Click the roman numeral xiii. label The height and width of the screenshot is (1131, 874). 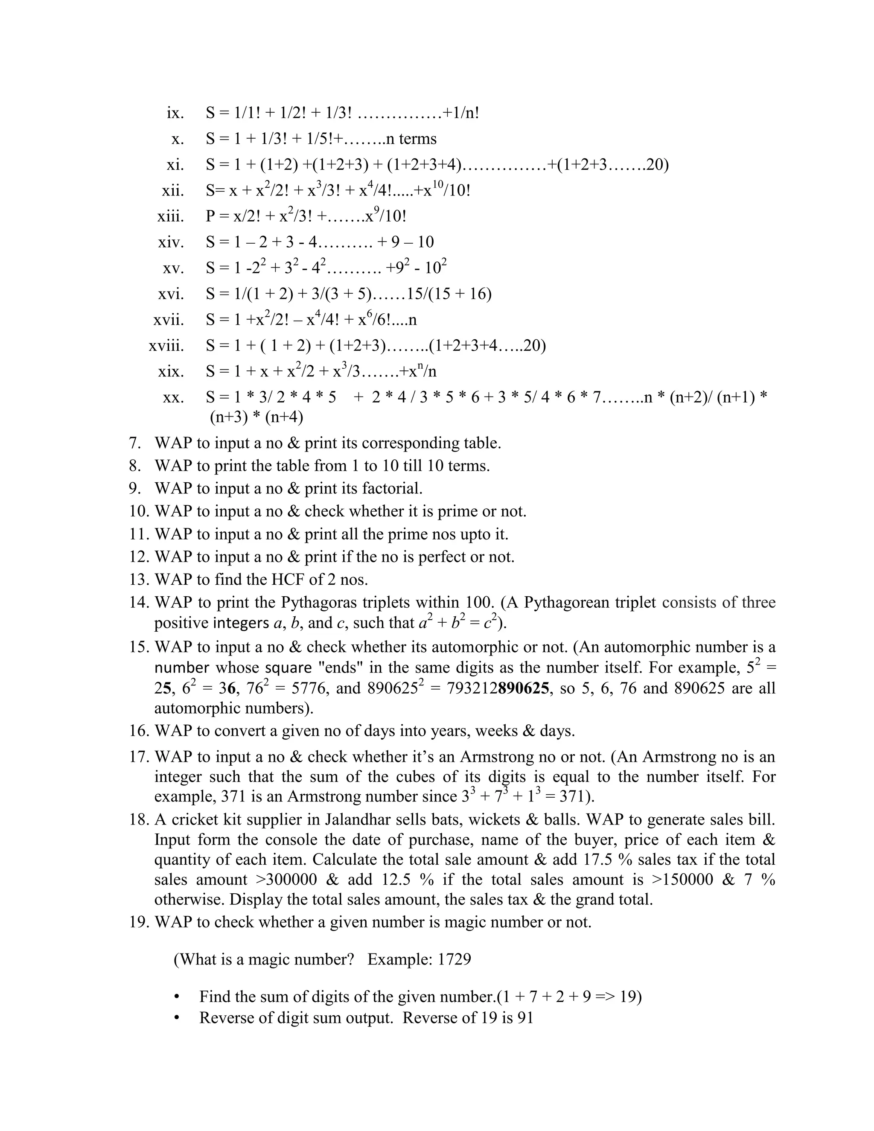pos(170,216)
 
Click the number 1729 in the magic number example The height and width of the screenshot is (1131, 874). pos(454,959)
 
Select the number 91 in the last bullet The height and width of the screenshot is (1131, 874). pos(525,1017)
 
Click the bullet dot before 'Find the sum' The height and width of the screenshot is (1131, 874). pos(177,997)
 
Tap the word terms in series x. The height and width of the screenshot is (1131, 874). pos(418,139)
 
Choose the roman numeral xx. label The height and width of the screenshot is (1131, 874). pos(173,398)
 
